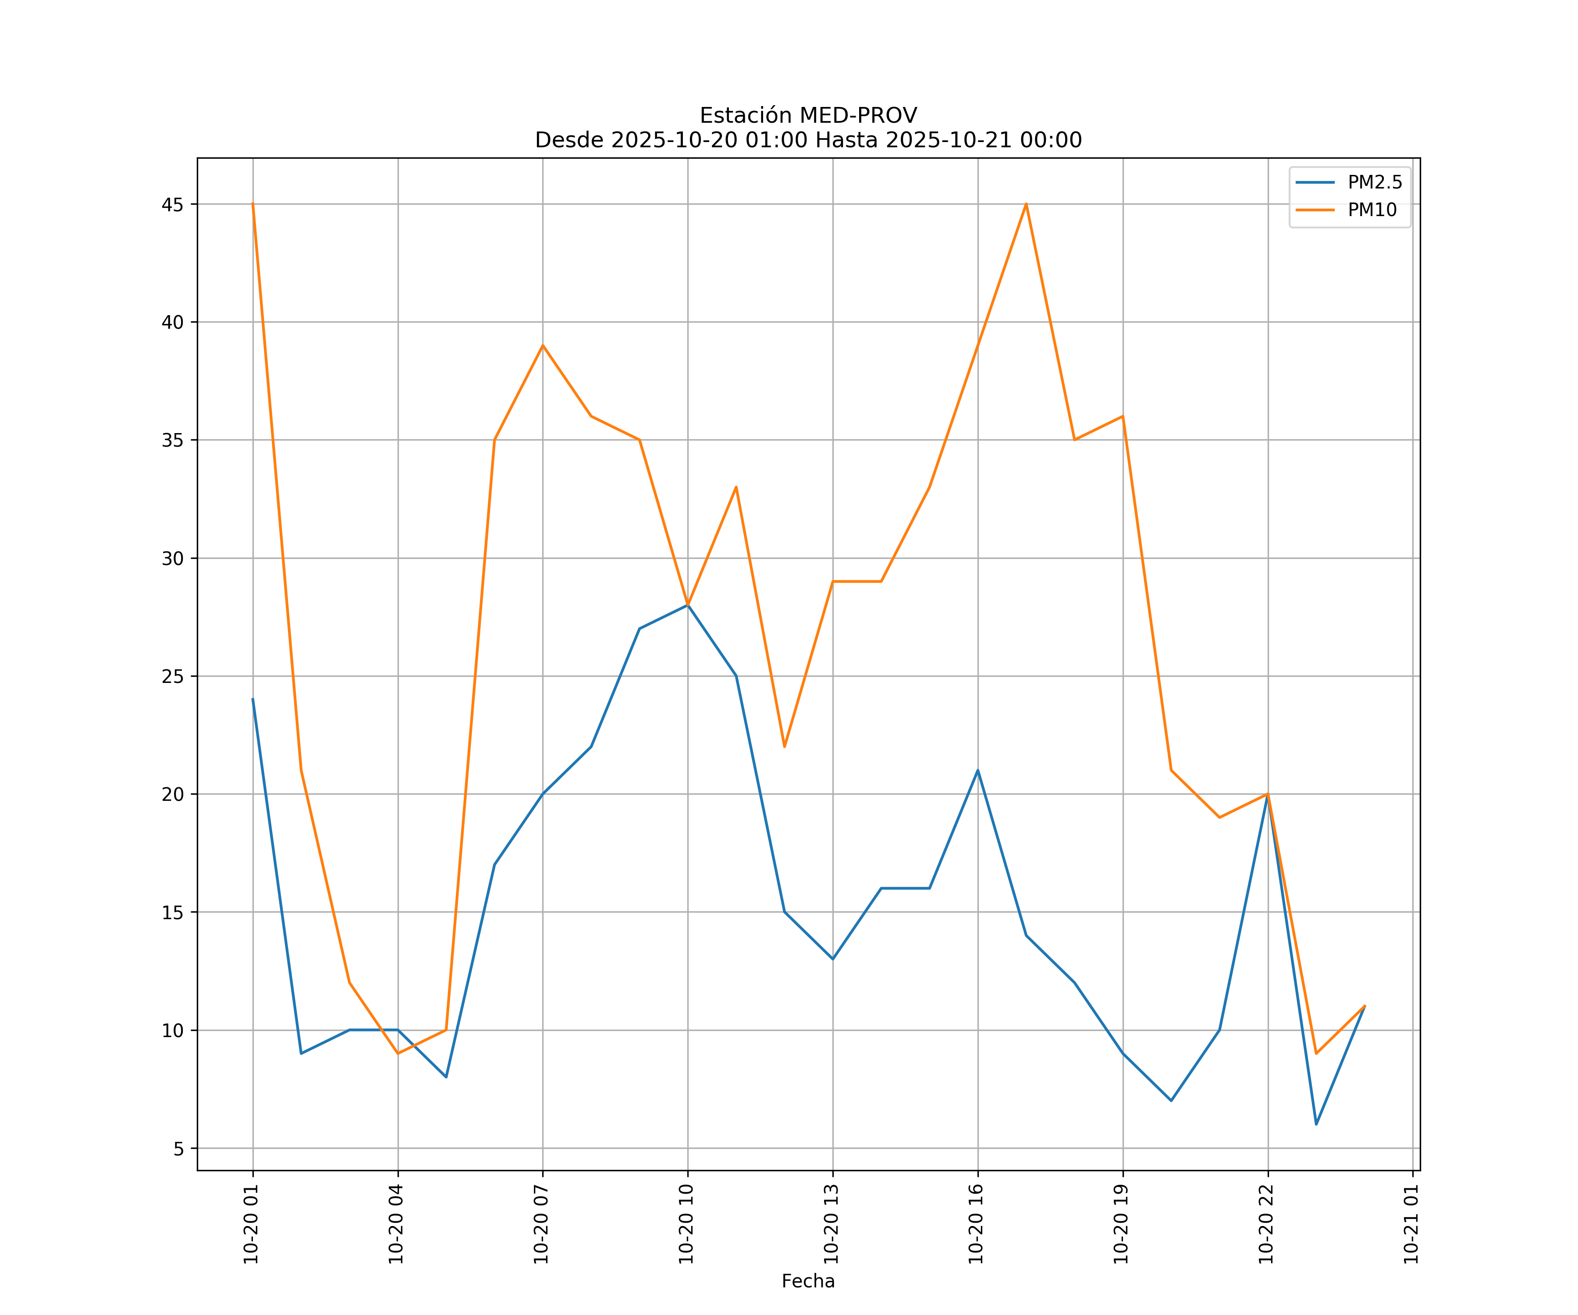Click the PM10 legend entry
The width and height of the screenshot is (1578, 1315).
[x=1372, y=210]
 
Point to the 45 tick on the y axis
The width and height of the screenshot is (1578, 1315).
[x=173, y=204]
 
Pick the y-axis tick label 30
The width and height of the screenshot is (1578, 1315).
[x=173, y=558]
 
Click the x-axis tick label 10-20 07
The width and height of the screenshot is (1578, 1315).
[x=541, y=1224]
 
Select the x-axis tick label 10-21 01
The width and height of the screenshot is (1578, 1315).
[x=1411, y=1224]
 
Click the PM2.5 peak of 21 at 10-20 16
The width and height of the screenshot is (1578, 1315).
[x=977, y=770]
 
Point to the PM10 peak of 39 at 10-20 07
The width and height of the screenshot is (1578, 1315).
[x=543, y=346]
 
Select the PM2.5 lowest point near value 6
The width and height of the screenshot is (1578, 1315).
[x=1316, y=1124]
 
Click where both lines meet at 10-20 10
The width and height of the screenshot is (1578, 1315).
[x=688, y=605]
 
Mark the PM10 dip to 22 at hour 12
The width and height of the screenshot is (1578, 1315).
[x=785, y=747]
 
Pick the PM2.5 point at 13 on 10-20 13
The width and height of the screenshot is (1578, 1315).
[x=832, y=959]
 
